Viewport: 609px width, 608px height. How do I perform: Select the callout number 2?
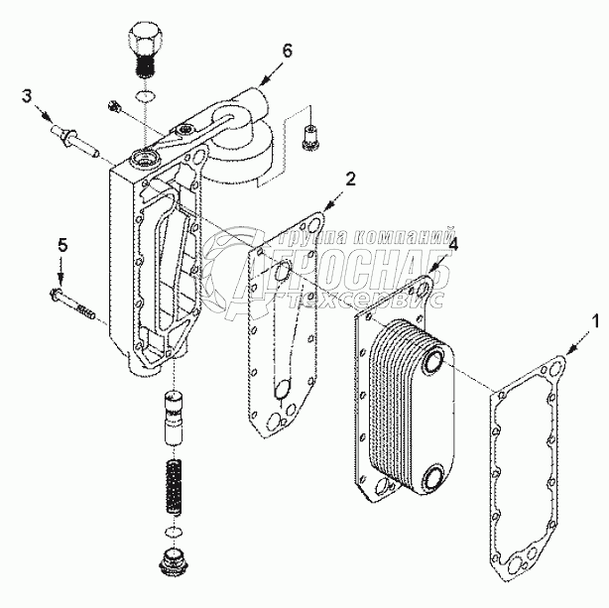349,178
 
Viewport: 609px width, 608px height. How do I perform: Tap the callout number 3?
27,95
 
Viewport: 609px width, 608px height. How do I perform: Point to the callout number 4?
452,244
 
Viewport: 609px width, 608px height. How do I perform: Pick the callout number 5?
61,244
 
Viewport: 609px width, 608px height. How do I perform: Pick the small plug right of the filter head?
308,132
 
